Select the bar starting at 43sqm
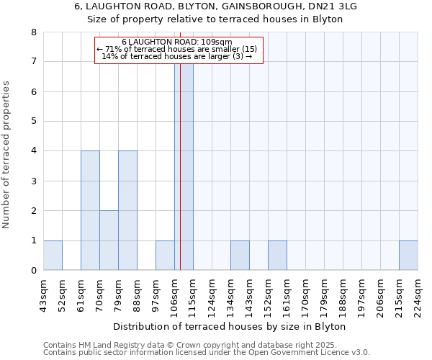click(53, 256)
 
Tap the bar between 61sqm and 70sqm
click(90, 210)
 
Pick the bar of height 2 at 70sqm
click(109, 240)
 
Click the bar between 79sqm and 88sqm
click(127, 210)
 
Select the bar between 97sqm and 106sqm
click(165, 256)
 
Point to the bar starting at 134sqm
click(240, 256)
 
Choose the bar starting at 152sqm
click(277, 256)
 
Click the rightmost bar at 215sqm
click(408, 256)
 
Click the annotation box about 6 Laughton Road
click(179, 50)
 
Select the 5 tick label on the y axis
click(33, 121)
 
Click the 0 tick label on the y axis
click(33, 271)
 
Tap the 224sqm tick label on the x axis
click(418, 295)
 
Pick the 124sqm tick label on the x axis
click(212, 295)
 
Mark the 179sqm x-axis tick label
click(324, 295)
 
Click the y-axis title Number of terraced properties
click(7, 155)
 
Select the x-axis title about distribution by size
click(230, 327)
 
